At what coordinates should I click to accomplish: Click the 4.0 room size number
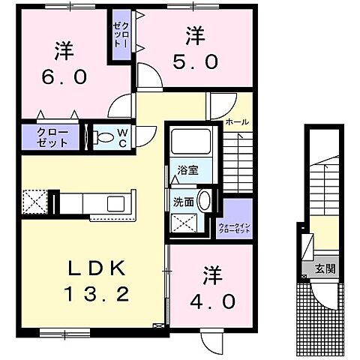214,300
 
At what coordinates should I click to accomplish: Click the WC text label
124,137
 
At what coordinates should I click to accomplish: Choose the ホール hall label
237,121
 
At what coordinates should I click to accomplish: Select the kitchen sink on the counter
116,203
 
